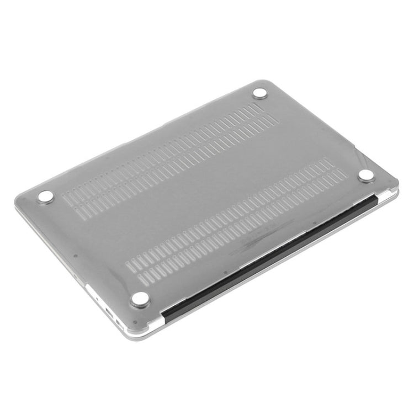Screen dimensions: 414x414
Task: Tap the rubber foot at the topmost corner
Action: click(260, 93)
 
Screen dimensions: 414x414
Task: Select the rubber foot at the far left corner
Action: click(45, 197)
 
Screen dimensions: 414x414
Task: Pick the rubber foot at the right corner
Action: click(365, 176)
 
